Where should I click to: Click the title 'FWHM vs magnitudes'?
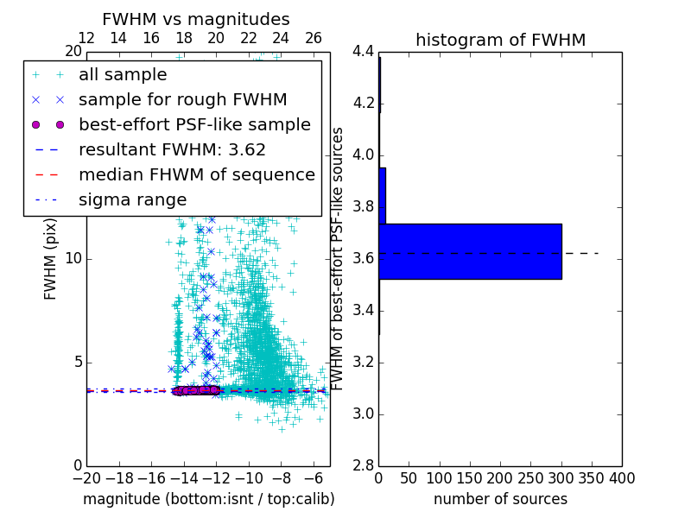click(196, 19)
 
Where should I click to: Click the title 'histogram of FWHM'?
click(500, 40)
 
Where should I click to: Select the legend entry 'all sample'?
click(123, 75)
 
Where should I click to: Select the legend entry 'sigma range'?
click(132, 199)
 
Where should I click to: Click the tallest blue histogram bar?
click(470, 251)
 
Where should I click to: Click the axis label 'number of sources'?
click(500, 499)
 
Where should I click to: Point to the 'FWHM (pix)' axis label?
click(51, 258)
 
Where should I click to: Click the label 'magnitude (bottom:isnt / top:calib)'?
click(208, 499)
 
